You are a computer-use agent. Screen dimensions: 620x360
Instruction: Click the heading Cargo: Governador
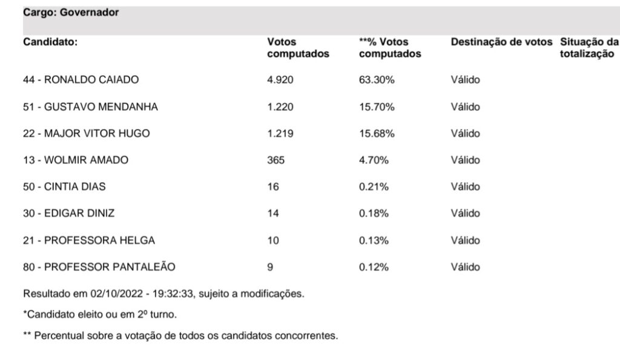click(x=71, y=12)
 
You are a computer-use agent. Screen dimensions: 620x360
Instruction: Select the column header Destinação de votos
click(x=501, y=42)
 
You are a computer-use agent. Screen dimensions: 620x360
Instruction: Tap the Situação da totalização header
click(x=589, y=48)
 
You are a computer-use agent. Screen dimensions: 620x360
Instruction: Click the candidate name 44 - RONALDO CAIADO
click(x=81, y=79)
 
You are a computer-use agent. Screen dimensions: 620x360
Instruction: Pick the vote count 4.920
click(x=280, y=79)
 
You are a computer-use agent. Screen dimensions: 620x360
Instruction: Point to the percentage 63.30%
click(x=377, y=79)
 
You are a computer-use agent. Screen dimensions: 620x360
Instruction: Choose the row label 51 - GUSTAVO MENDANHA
click(x=90, y=106)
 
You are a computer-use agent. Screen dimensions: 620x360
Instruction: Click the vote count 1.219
click(x=280, y=133)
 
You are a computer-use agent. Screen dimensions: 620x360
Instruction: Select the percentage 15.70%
click(x=377, y=106)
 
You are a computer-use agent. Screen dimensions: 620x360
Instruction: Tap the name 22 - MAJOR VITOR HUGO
click(x=86, y=133)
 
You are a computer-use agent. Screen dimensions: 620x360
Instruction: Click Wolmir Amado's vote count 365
click(x=275, y=160)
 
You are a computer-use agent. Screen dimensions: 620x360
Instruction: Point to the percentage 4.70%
click(x=374, y=160)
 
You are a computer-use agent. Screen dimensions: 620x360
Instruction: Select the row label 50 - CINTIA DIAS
click(x=64, y=186)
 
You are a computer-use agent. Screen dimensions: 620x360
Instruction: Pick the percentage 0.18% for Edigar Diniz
click(x=374, y=214)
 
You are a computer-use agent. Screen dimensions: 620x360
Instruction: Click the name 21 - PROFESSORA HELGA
click(x=89, y=240)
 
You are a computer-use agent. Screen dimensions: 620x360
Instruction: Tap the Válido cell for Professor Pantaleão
click(x=466, y=267)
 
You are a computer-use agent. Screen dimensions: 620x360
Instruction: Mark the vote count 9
click(x=270, y=267)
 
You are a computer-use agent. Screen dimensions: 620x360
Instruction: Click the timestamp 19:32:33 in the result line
click(x=173, y=293)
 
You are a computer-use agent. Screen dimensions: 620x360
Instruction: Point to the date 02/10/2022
click(x=116, y=293)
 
